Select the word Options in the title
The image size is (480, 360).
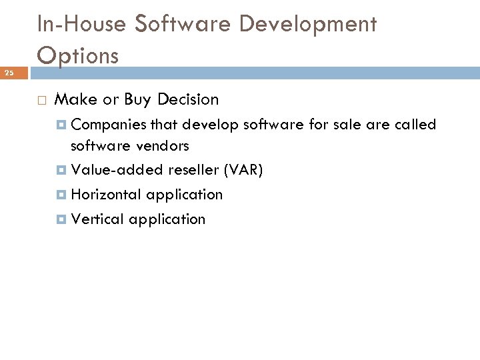click(x=78, y=55)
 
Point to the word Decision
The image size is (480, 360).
click(x=187, y=100)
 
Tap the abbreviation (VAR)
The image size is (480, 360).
click(x=243, y=170)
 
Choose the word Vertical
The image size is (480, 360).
click(x=97, y=219)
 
